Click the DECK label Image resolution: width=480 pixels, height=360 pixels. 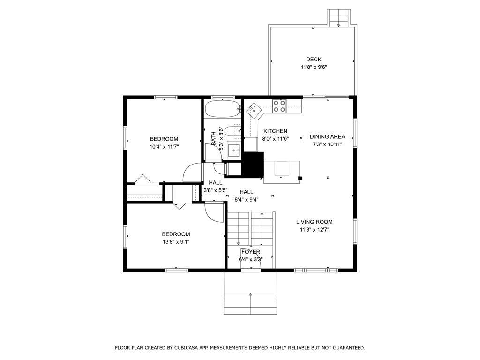pos(314,60)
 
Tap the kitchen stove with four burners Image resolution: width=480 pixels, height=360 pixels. pos(279,106)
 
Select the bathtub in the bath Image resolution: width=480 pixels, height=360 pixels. pos(222,109)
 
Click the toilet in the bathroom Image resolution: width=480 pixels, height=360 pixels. pos(232,131)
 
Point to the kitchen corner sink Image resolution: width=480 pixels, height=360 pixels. pos(254,109)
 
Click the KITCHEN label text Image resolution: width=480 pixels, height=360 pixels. pos(275,131)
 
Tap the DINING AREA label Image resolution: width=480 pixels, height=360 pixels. pos(327,136)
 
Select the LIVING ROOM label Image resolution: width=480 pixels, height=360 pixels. pos(315,222)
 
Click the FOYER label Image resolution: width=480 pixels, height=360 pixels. pos(251,252)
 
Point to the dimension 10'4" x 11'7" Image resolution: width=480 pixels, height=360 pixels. pos(164,147)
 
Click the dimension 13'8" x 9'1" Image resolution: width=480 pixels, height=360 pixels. pos(176,242)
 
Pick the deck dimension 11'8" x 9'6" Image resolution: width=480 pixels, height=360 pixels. pos(314,67)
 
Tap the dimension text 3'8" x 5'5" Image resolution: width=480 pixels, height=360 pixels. pos(216,190)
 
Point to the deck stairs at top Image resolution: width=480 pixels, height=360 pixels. pos(339,18)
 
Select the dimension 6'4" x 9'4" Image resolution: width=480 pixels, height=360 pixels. pos(247,200)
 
